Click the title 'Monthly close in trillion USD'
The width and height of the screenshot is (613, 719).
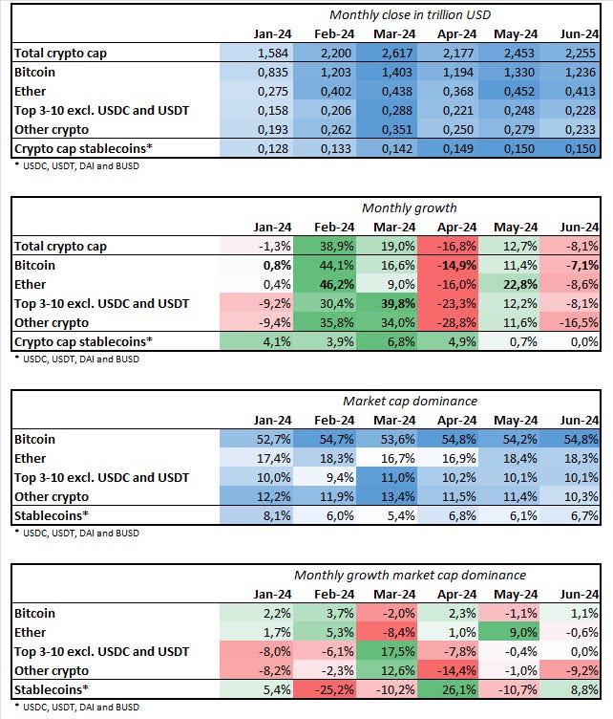pyautogui.click(x=409, y=14)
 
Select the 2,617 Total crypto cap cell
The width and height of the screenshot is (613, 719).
pyautogui.click(x=394, y=53)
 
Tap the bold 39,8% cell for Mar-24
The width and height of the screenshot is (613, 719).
pyautogui.click(x=394, y=303)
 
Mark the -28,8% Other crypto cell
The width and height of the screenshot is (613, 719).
pyautogui.click(x=455, y=322)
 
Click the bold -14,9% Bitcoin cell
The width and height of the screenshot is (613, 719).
pyautogui.click(x=455, y=265)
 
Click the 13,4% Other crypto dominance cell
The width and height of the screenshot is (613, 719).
pyautogui.click(x=394, y=496)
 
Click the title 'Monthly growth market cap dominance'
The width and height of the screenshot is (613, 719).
pyautogui.click(x=410, y=575)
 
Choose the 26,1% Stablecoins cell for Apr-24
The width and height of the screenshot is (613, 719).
pyautogui.click(x=455, y=689)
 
